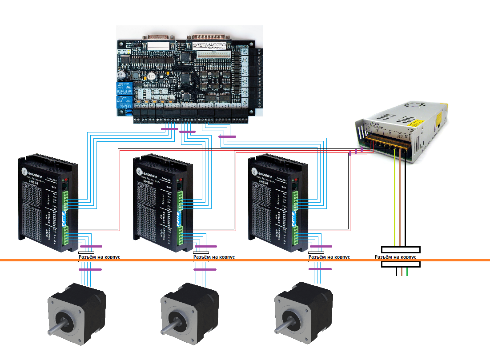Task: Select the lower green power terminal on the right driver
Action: pos(296,234)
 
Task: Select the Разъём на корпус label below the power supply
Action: pos(395,257)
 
